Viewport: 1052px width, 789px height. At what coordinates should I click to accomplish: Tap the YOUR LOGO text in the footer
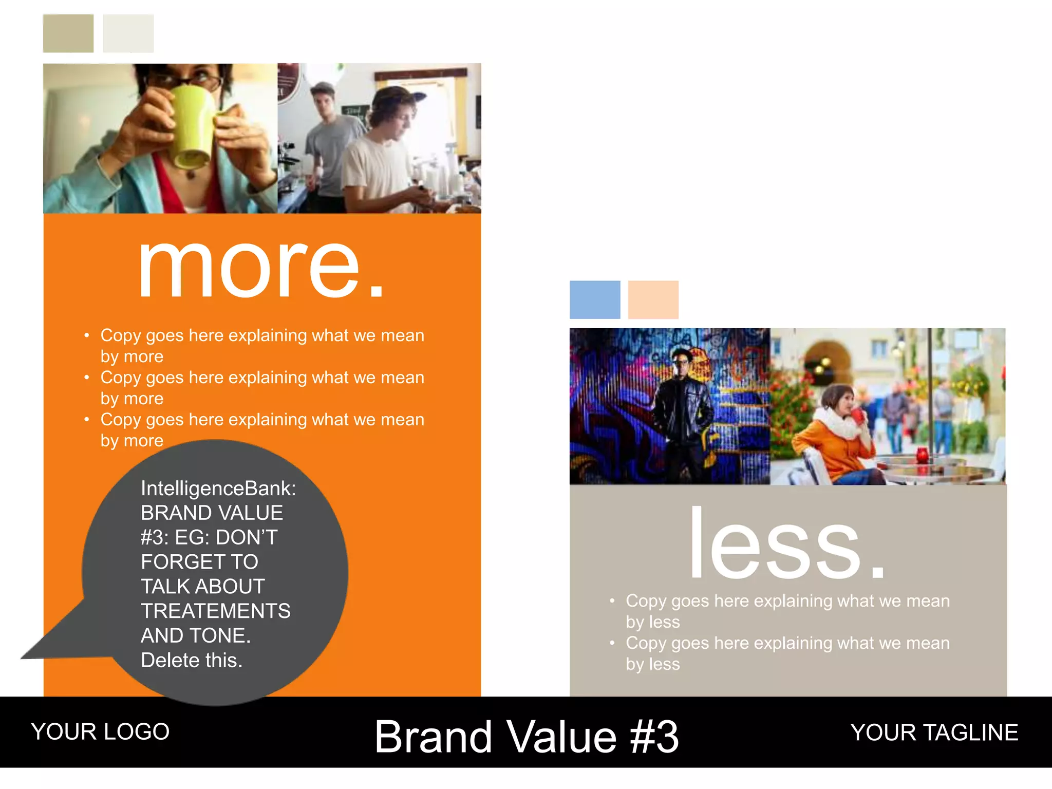[100, 731]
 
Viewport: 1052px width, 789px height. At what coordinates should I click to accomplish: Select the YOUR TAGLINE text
[934, 732]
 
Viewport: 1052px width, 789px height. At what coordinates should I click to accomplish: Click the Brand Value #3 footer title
[527, 737]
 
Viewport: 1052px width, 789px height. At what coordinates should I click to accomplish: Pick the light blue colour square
[595, 299]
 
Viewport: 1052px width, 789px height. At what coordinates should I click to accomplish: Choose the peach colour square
[653, 299]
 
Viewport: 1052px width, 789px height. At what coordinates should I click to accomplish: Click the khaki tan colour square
[68, 33]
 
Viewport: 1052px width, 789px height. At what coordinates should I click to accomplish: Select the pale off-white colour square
[128, 33]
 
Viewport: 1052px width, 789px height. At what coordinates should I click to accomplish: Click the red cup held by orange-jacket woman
[858, 415]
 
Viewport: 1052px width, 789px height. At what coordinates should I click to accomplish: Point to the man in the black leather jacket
[683, 411]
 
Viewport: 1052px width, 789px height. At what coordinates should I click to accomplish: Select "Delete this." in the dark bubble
[191, 661]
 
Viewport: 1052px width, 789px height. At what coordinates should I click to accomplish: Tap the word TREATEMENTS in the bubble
[216, 611]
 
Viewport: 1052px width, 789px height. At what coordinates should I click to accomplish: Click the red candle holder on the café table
[922, 455]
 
